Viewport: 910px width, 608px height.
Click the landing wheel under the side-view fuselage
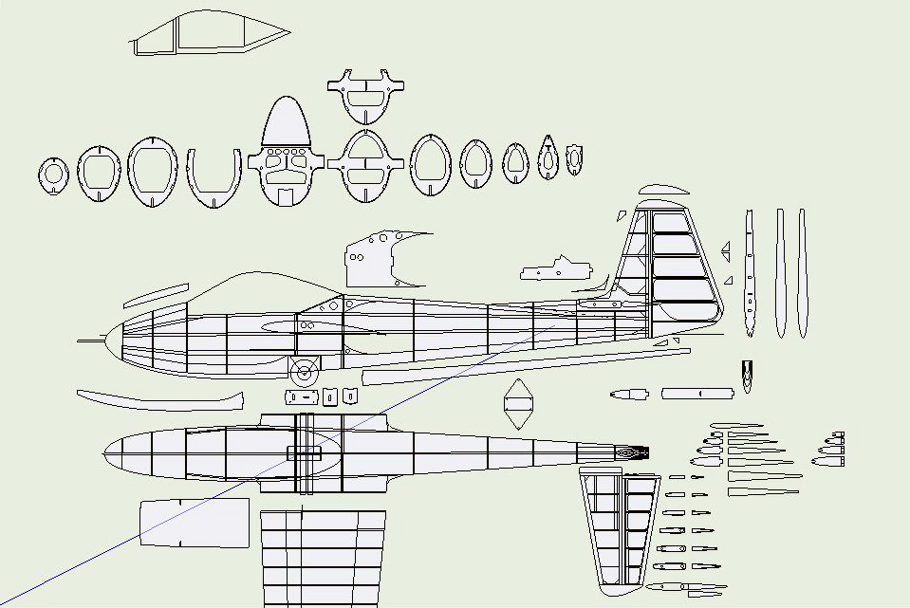click(x=305, y=372)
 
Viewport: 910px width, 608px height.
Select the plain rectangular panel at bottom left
click(x=195, y=523)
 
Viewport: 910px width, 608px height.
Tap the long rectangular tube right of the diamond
click(x=697, y=393)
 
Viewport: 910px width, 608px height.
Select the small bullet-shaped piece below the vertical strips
click(x=748, y=376)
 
